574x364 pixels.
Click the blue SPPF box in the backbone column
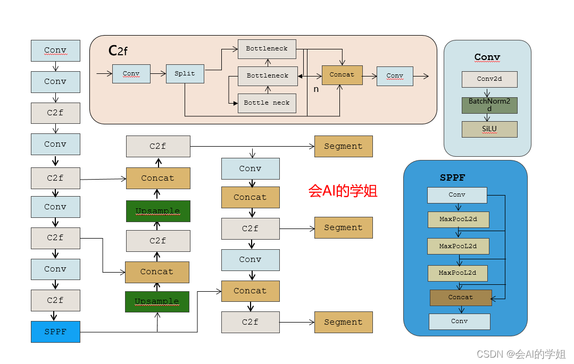pos(55,332)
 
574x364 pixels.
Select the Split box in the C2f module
pos(185,74)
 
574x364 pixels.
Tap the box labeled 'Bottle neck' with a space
pos(267,103)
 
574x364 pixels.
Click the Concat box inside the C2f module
pos(342,75)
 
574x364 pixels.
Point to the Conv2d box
pos(489,79)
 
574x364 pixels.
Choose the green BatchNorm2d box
pos(489,105)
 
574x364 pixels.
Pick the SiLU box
pos(489,129)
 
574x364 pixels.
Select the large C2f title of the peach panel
pos(118,50)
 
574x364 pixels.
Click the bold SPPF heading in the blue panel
pos(453,178)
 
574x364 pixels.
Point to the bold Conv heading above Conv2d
pos(487,57)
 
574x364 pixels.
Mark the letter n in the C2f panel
pos(316,89)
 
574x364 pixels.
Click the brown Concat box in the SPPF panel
pos(461,298)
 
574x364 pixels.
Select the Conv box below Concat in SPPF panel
pos(459,321)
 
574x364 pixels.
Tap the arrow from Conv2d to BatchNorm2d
pos(487,92)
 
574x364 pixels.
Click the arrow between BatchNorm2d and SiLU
pos(487,117)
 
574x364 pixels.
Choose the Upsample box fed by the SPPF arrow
pos(157,301)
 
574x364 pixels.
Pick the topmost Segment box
pos(343,146)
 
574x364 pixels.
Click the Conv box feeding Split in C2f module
pos(131,74)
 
